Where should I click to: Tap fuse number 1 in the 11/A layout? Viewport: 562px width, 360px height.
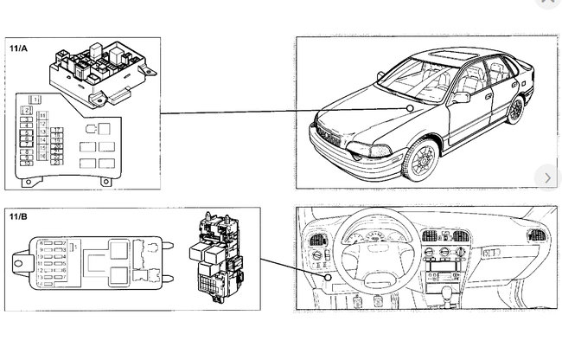pyautogui.click(x=35, y=100)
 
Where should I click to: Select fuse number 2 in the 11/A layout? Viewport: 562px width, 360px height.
pyautogui.click(x=28, y=110)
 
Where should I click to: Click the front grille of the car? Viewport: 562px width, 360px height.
pyautogui.click(x=329, y=139)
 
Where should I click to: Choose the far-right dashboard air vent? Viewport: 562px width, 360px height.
pyautogui.click(x=536, y=235)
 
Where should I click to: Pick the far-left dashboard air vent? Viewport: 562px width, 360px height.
pyautogui.click(x=315, y=239)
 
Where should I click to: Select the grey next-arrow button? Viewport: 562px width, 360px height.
pyautogui.click(x=547, y=177)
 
